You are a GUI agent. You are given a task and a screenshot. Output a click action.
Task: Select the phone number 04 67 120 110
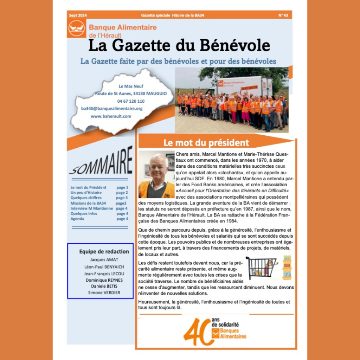131,101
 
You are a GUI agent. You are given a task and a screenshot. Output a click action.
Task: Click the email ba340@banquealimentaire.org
112,109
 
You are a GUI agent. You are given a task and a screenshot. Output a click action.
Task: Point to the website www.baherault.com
111,116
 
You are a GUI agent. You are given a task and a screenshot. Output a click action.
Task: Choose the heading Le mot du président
206,143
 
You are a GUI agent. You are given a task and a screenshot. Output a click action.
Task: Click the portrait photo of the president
156,175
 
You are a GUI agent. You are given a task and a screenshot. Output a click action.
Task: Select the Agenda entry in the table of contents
77,219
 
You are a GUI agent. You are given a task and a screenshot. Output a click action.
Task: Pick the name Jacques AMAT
99,260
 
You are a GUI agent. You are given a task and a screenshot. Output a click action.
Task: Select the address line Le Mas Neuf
131,86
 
